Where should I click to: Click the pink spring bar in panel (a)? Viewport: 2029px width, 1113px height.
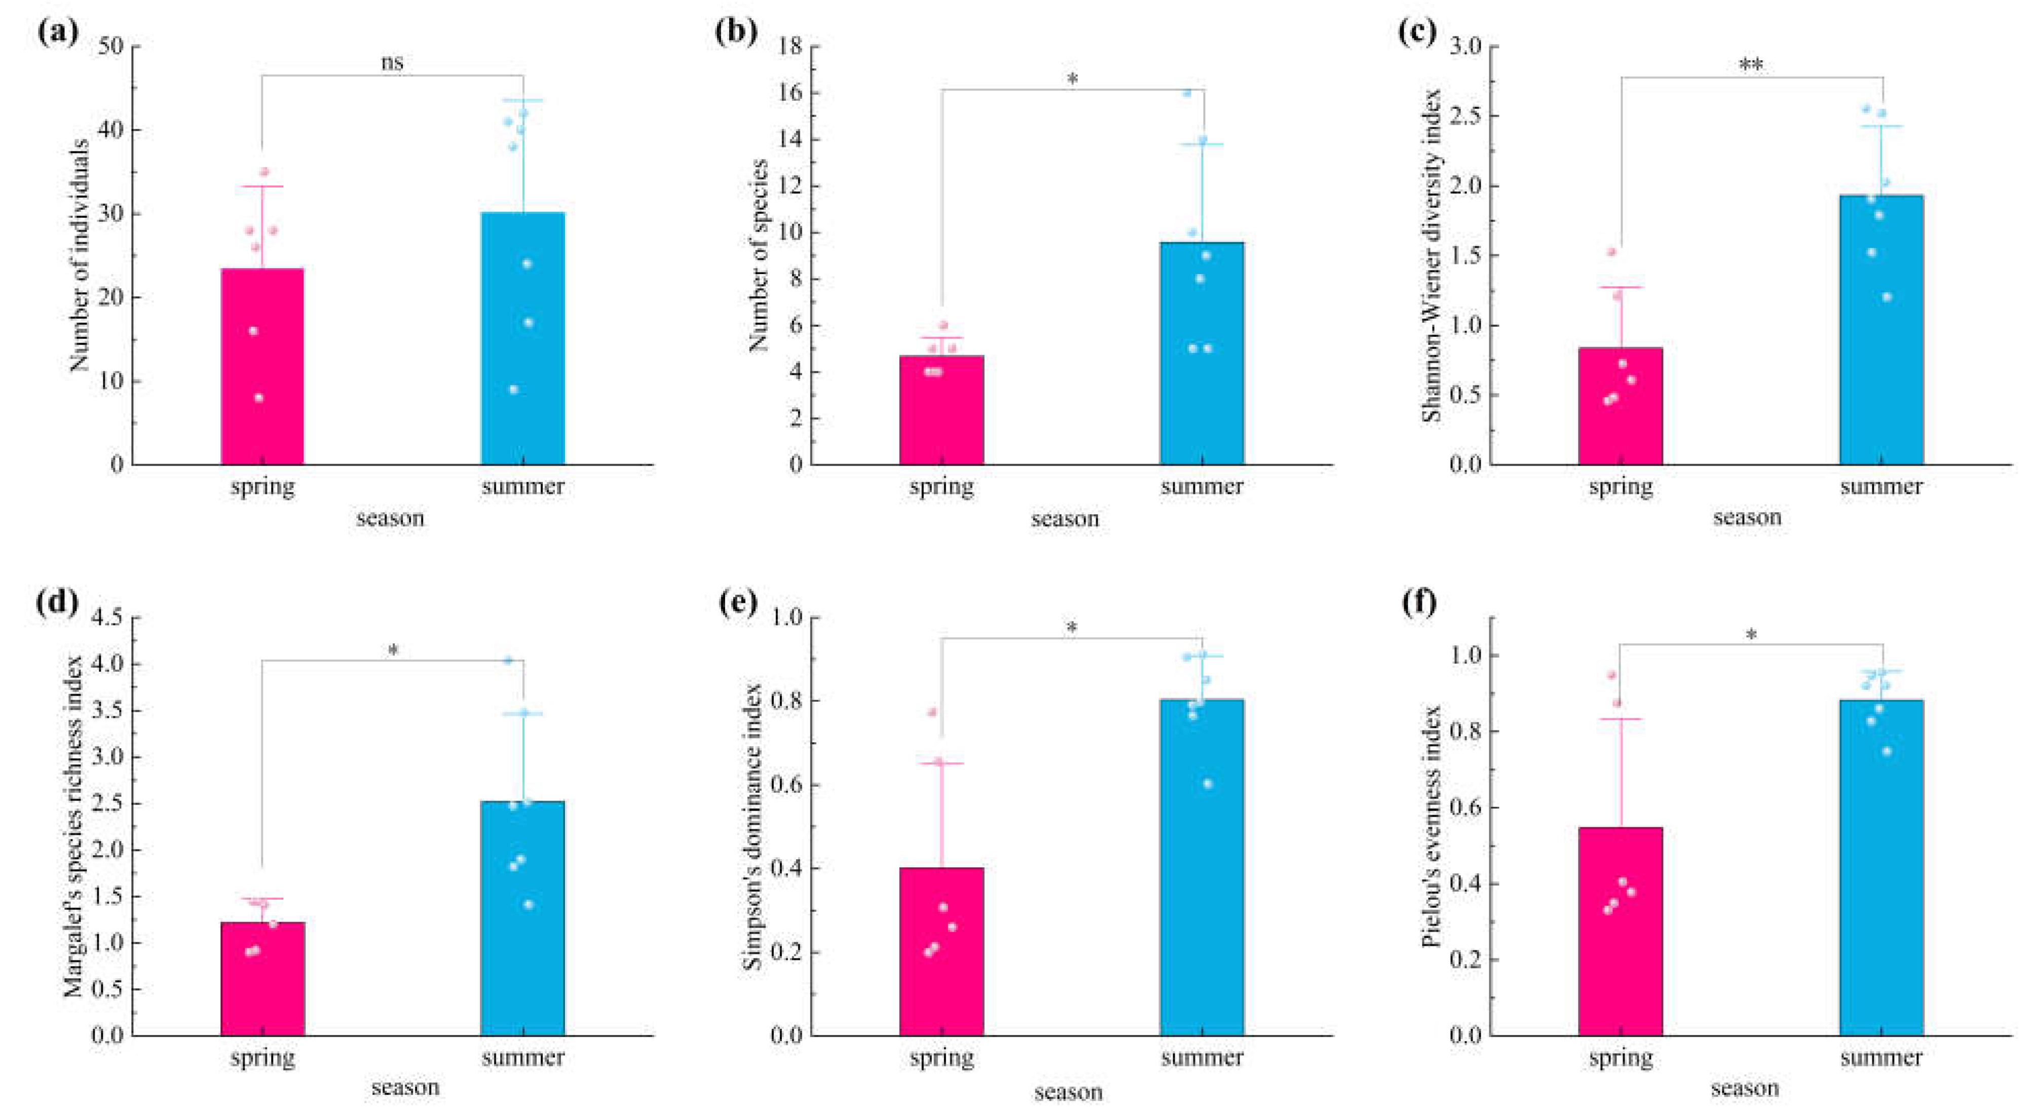coord(262,366)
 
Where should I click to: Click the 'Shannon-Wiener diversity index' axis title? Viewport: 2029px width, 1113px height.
coord(1431,256)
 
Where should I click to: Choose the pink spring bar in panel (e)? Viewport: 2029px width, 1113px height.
coord(941,951)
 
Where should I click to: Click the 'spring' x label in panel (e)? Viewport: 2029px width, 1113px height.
coord(941,1057)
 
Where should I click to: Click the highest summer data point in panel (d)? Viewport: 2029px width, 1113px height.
coord(508,660)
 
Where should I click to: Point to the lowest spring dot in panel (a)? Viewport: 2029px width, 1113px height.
coord(258,398)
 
